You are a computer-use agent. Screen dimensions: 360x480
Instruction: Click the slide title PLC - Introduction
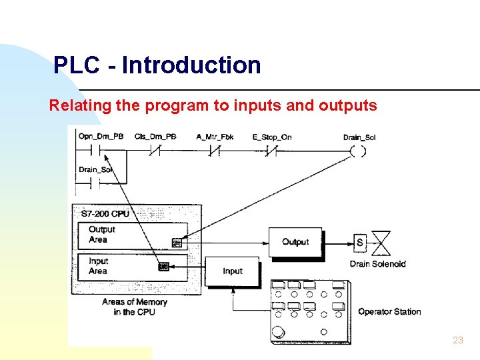[x=157, y=65]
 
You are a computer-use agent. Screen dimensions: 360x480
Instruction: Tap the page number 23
[x=457, y=340]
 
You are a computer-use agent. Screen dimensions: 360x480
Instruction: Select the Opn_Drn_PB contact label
[x=101, y=137]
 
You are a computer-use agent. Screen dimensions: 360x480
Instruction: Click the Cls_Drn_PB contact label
[x=155, y=137]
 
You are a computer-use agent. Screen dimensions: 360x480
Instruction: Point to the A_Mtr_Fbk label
[x=215, y=137]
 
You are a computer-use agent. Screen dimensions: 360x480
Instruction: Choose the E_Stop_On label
[x=272, y=137]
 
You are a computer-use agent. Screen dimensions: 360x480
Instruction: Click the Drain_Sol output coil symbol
[x=358, y=151]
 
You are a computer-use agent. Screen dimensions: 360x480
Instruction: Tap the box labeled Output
[x=295, y=242]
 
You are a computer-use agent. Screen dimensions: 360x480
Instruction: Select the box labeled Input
[x=232, y=271]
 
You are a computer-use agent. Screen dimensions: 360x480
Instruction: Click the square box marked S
[x=360, y=242]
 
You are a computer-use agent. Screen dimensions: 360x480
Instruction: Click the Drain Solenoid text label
[x=377, y=264]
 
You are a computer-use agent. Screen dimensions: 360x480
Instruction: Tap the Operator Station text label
[x=389, y=311]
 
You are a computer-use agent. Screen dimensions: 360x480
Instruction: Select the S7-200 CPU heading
[x=105, y=214]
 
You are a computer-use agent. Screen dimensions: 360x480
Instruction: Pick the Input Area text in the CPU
[x=98, y=266]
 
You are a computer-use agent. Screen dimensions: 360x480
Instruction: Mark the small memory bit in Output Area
[x=177, y=243]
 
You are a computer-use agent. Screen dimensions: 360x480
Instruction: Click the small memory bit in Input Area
[x=163, y=267]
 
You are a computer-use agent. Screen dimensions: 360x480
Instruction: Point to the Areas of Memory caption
[x=135, y=307]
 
